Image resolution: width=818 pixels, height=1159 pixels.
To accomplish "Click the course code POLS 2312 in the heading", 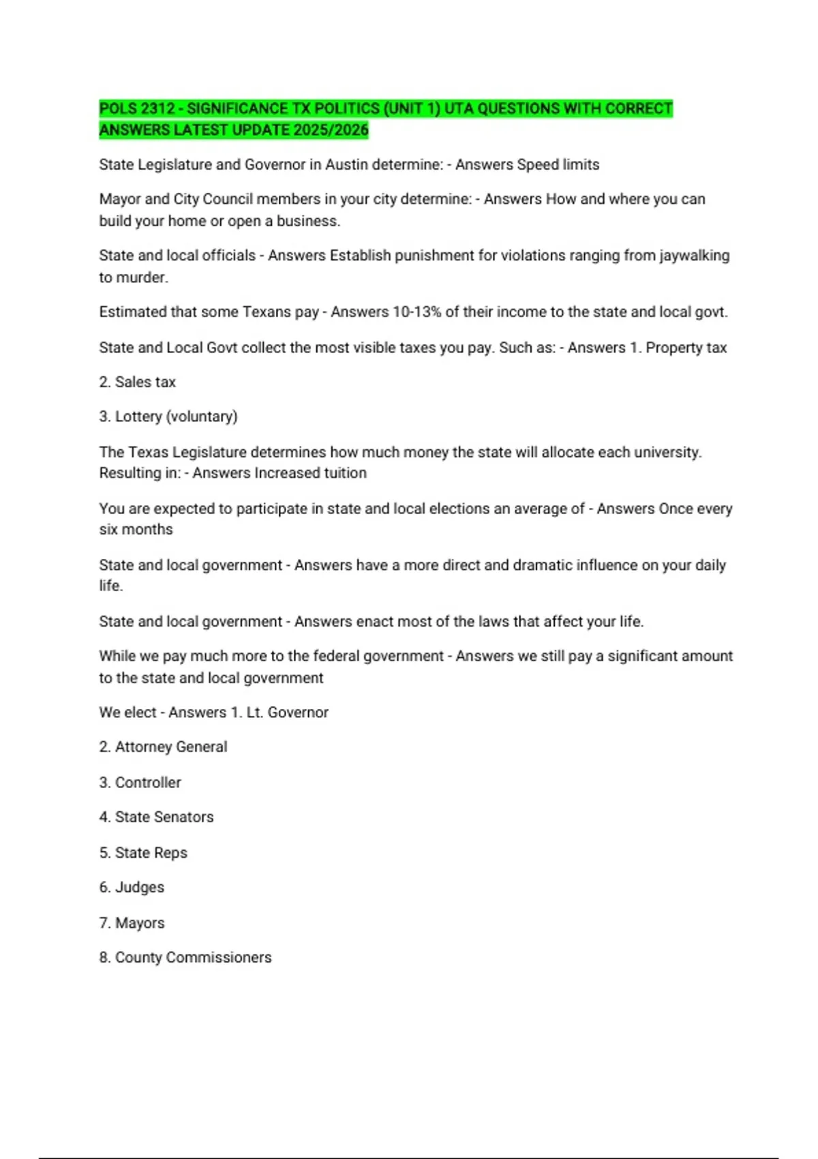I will point(137,109).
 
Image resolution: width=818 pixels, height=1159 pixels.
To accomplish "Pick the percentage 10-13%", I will point(416,312).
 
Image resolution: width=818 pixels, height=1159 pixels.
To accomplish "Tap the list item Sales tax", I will point(145,382).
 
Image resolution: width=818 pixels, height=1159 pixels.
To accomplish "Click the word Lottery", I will point(138,417).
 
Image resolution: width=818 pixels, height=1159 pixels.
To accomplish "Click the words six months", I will point(136,530).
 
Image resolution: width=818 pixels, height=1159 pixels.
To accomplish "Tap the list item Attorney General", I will point(171,747).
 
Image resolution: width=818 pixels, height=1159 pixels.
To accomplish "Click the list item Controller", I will point(148,783).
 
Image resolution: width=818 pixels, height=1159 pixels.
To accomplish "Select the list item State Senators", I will point(164,817).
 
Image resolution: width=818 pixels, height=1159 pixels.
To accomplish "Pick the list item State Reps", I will point(151,853).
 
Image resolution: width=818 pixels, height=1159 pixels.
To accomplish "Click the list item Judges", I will point(140,888).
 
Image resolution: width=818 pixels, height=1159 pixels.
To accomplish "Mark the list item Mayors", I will point(140,923).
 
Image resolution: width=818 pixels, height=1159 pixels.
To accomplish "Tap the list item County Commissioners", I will point(193,958).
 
